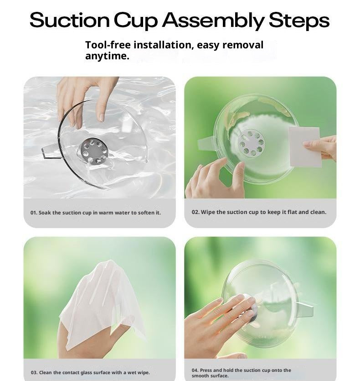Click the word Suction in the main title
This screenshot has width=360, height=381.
tap(70, 20)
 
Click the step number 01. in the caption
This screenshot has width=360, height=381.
tap(34, 213)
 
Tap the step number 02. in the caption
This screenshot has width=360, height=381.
tap(195, 212)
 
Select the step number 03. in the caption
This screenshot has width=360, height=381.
tap(34, 372)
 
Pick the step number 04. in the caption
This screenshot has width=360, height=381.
tap(195, 371)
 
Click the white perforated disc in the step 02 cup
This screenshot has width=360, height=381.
tap(251, 142)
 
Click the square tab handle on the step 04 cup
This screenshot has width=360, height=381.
tap(306, 310)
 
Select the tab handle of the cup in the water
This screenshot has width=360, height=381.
tap(51, 151)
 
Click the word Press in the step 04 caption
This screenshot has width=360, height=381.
tap(206, 371)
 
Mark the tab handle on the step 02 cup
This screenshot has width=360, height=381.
tap(206, 144)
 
